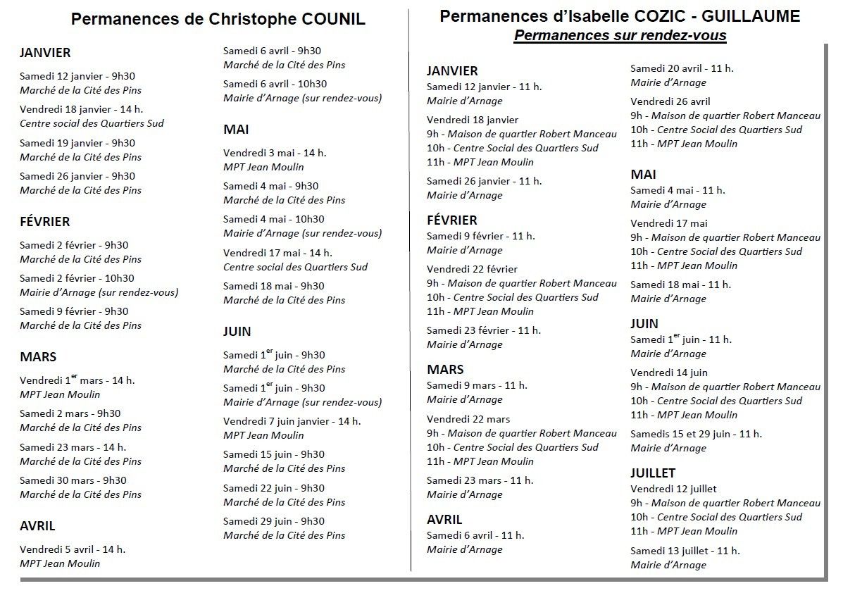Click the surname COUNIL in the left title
[333, 19]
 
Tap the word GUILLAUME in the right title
[751, 16]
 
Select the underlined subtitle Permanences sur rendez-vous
[620, 35]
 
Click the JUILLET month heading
[653, 473]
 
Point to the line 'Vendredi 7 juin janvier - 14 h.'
[292, 421]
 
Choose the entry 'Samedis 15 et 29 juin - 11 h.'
[697, 434]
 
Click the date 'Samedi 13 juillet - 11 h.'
[685, 551]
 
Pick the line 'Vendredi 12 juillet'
[674, 489]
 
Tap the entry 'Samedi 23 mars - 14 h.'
[73, 447]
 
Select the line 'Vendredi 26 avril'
[670, 101]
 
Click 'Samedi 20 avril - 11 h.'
[682, 69]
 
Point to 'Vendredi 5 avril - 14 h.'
[73, 549]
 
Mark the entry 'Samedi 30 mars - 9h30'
[73, 480]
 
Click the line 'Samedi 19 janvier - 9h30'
[77, 144]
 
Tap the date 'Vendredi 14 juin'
[669, 373]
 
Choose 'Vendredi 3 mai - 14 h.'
[275, 154]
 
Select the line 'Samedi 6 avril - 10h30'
[275, 85]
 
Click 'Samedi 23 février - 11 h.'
[484, 330]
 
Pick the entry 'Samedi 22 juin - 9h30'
[274, 489]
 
